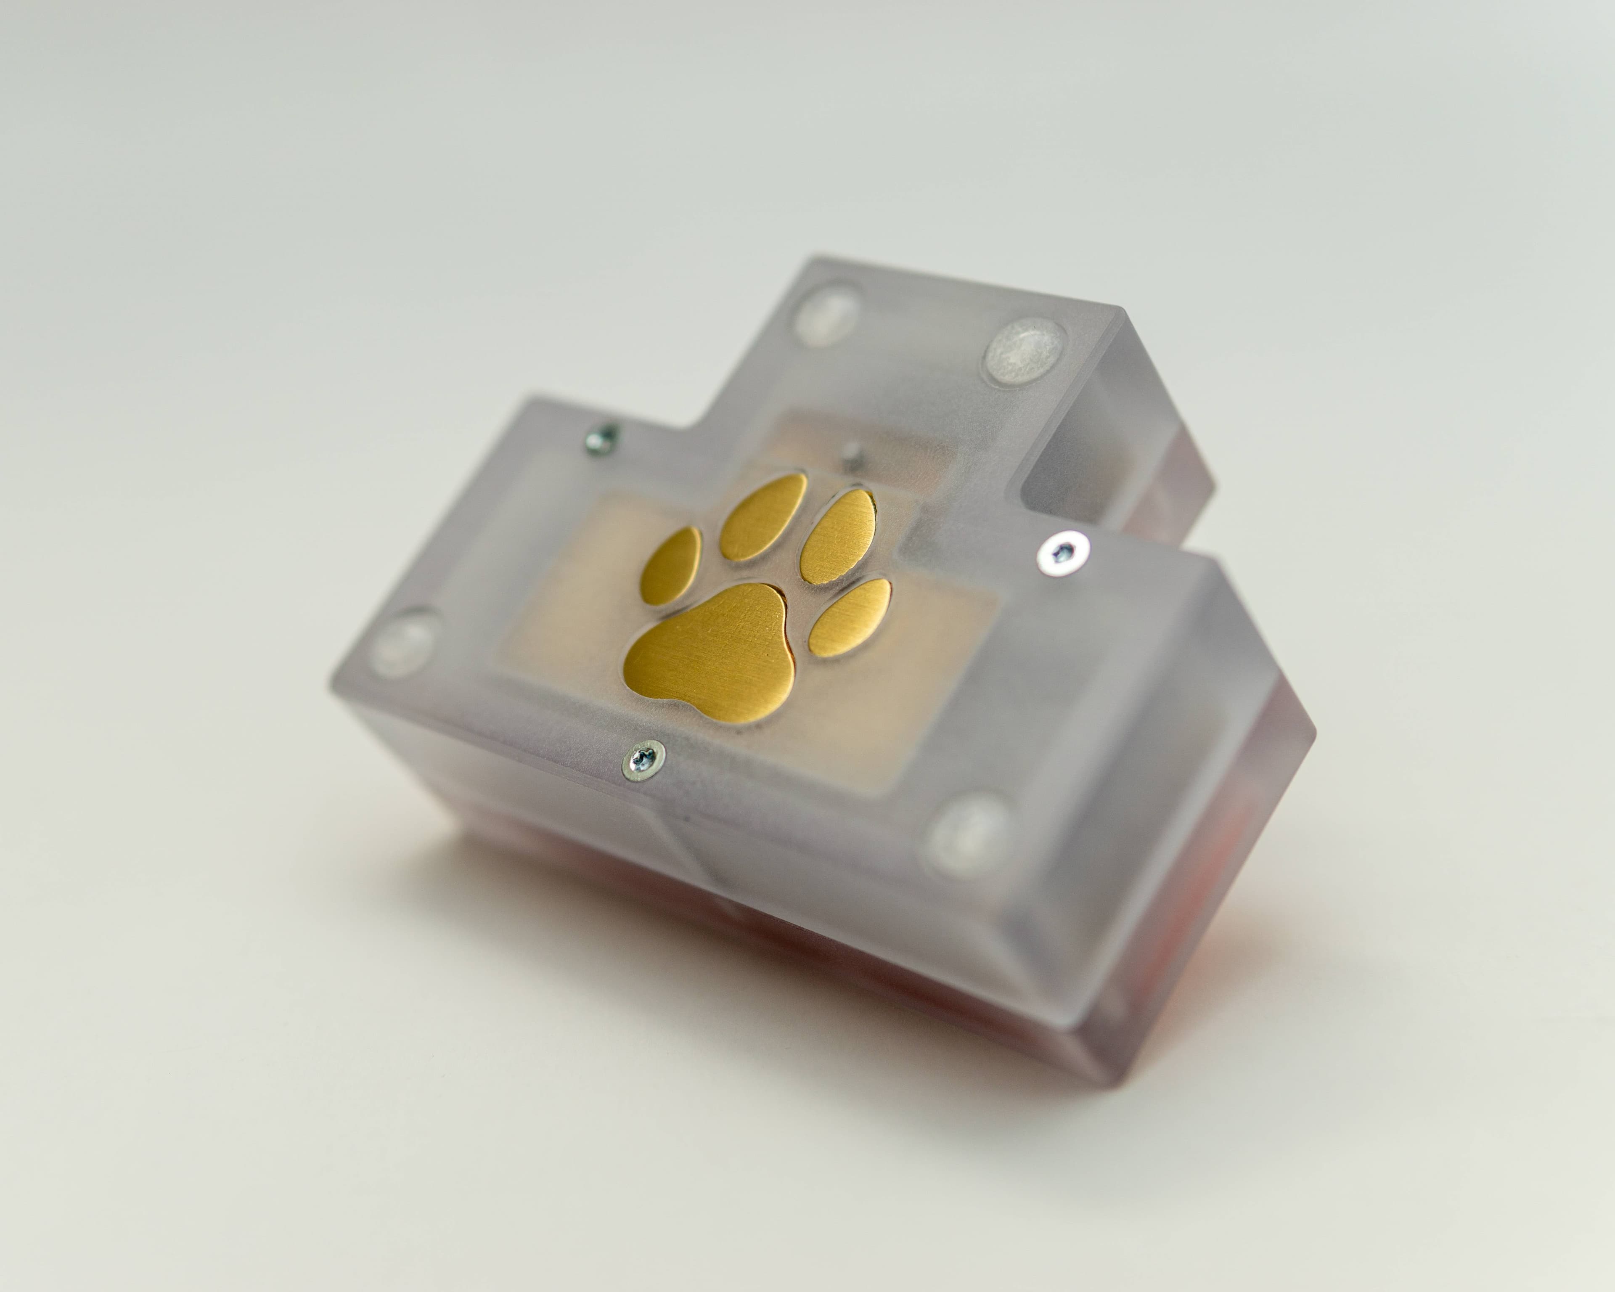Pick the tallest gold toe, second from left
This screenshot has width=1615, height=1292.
pyautogui.click(x=764, y=517)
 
